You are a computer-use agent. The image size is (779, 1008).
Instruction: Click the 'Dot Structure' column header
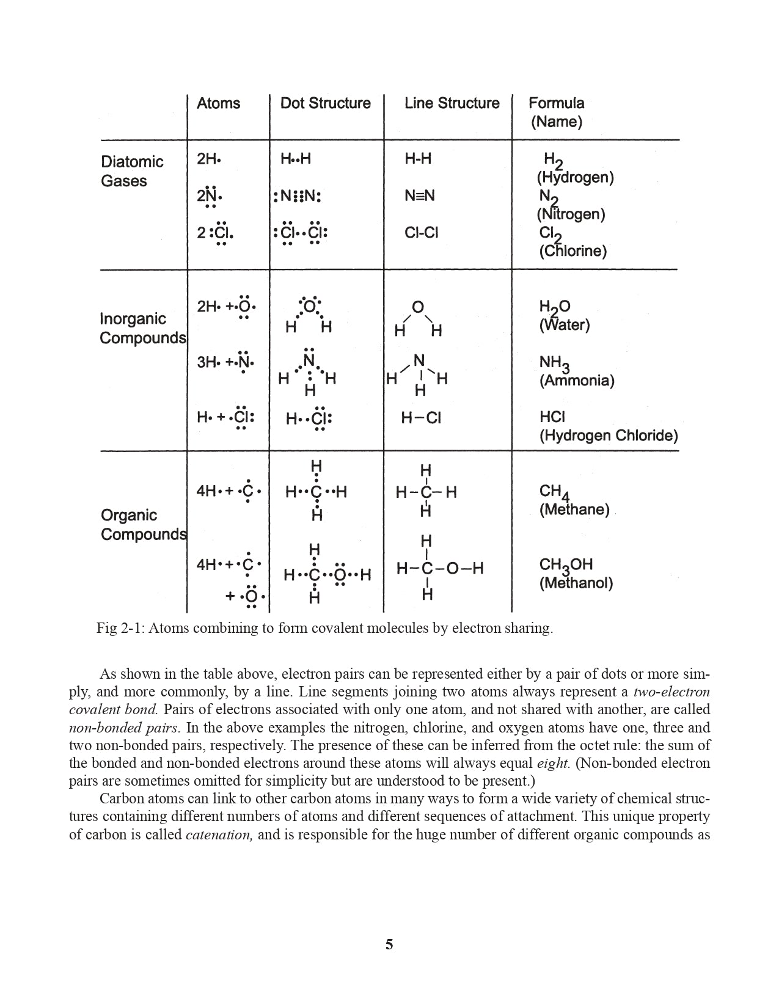(325, 103)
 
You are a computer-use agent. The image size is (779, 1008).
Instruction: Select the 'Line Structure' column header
(452, 103)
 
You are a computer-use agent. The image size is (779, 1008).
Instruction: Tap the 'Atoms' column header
(218, 103)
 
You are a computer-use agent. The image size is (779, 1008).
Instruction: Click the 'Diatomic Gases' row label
(132, 171)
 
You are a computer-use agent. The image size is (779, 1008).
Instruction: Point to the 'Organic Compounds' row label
(144, 525)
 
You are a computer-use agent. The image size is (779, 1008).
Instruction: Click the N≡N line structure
(419, 196)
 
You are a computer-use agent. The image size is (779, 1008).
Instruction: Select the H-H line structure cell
(418, 159)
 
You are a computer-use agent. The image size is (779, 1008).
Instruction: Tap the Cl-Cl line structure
(421, 233)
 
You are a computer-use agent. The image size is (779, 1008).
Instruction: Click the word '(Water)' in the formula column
(564, 325)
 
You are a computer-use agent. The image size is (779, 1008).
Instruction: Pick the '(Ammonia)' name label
(576, 381)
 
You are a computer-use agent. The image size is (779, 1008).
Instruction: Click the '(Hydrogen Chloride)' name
(608, 436)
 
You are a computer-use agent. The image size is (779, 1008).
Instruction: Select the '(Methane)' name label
(574, 509)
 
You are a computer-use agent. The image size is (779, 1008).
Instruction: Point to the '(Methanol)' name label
(576, 583)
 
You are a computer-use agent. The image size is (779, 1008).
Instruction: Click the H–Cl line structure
(421, 418)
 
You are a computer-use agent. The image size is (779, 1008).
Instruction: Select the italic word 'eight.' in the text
(553, 763)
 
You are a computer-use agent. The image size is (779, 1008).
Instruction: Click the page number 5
(389, 944)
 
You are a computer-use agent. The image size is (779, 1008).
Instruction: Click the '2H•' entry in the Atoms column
(208, 159)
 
